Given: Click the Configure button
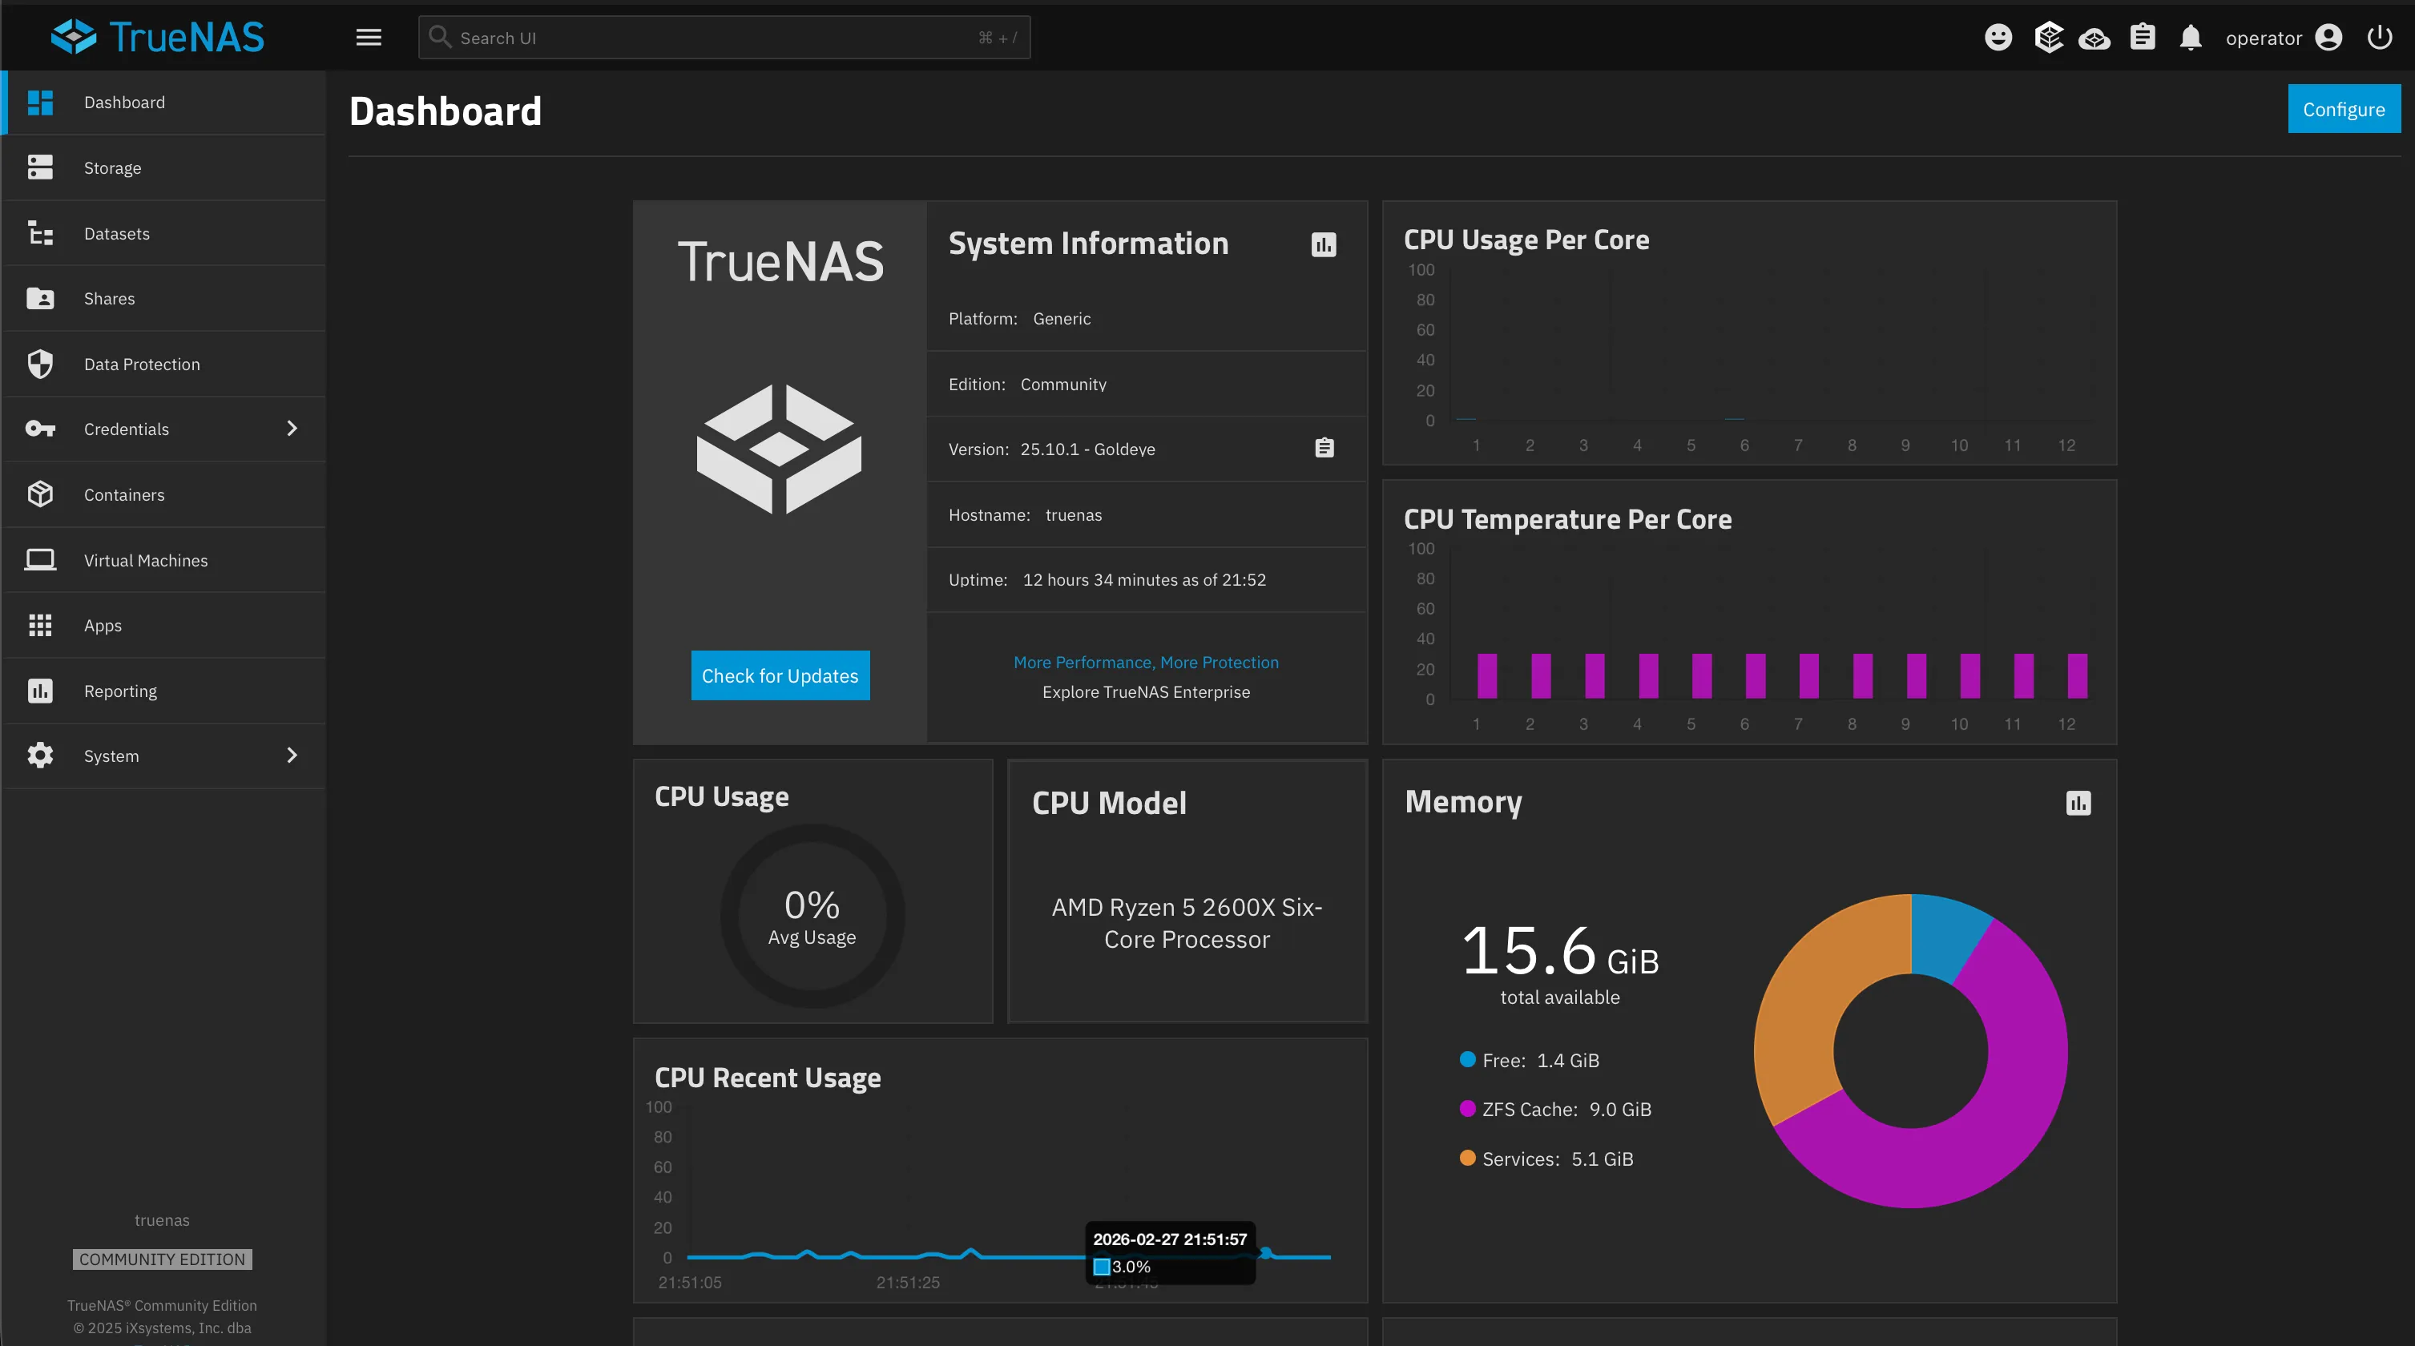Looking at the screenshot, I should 2343,109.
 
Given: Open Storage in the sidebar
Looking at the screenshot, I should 112,167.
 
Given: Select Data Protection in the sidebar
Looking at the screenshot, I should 142,364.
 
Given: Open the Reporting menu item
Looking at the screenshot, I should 120,691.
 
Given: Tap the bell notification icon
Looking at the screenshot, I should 2190,38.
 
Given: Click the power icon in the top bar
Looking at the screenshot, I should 2380,38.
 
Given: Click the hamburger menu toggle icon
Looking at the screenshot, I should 369,38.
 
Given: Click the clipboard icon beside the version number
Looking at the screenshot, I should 1324,448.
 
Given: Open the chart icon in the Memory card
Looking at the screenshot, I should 2078,804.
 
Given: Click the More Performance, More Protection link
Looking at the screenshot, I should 1146,662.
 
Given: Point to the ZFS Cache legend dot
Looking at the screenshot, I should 1467,1109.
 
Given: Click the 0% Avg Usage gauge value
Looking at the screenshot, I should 812,905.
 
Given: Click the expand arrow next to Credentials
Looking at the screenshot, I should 292,429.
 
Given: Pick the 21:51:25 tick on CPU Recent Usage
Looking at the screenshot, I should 908,1281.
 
